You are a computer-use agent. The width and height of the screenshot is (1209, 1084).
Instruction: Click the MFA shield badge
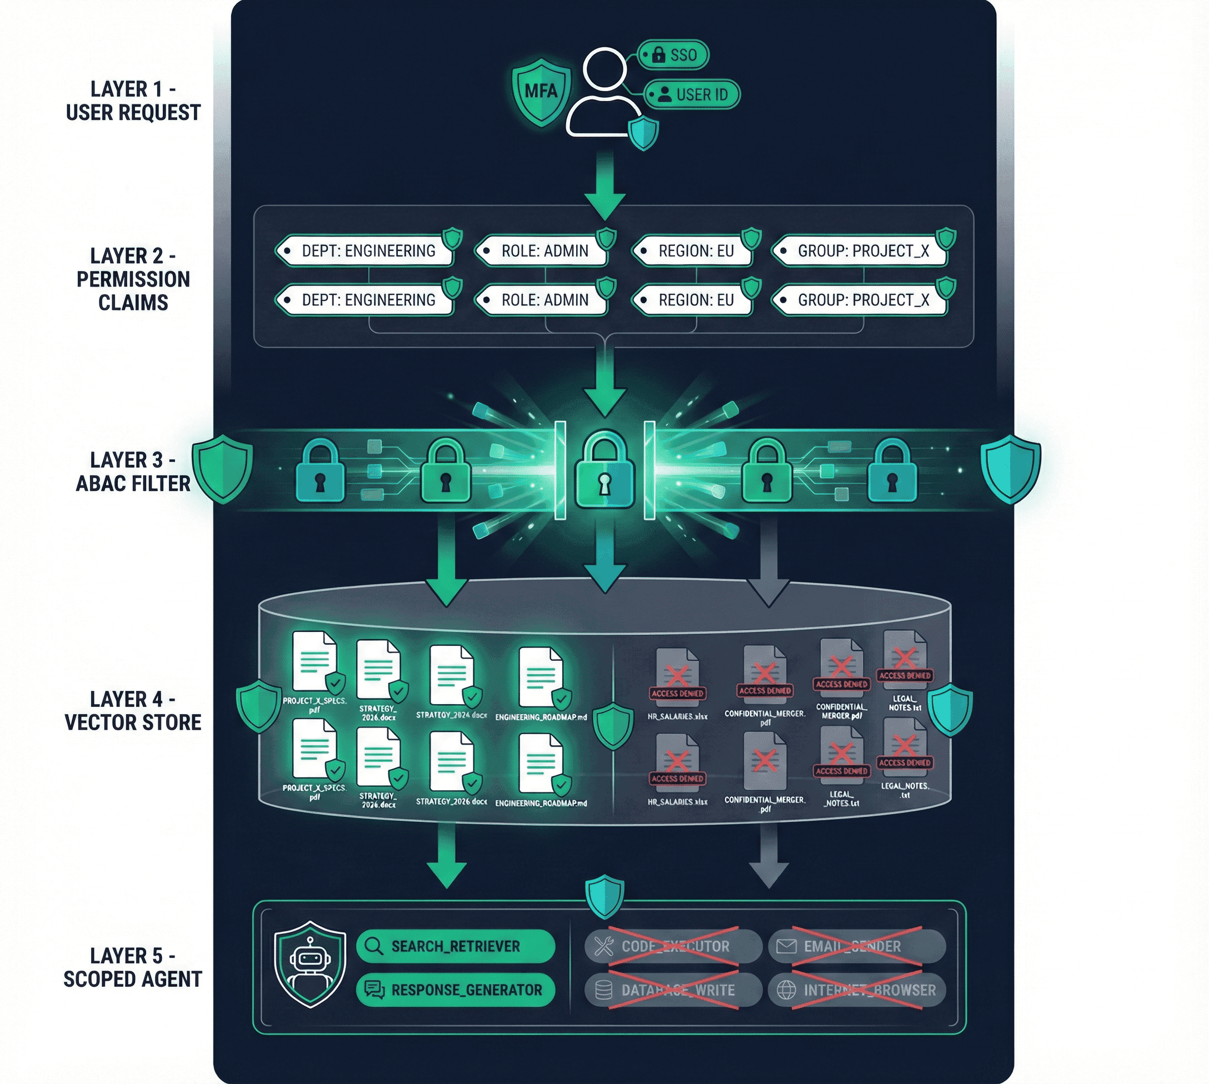[x=541, y=91]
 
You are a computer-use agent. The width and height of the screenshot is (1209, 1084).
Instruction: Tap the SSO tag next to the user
[x=674, y=56]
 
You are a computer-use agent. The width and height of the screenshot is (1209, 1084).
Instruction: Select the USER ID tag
[x=692, y=95]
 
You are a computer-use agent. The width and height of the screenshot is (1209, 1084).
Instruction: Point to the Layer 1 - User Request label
[x=133, y=101]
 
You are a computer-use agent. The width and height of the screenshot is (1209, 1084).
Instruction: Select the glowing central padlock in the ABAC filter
[x=605, y=470]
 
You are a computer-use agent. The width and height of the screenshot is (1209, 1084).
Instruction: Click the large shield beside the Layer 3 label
[x=222, y=468]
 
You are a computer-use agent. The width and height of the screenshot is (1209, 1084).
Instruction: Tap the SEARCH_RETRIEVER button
[x=455, y=946]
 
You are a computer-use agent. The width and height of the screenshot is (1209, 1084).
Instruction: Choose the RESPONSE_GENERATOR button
[x=455, y=990]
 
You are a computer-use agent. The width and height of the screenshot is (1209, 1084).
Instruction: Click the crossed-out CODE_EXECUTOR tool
[x=673, y=946]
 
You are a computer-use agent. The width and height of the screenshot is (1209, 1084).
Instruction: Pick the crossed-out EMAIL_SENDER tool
[x=856, y=946]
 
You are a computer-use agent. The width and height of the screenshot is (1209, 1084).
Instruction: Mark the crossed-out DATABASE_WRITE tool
[x=673, y=990]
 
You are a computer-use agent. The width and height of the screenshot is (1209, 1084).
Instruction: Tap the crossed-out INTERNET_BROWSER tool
[x=856, y=990]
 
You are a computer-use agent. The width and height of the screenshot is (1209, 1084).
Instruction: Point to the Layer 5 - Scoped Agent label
[x=133, y=967]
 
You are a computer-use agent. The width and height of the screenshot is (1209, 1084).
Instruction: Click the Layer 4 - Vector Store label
[x=133, y=711]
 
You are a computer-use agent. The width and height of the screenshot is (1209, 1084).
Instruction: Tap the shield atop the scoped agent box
[x=605, y=896]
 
